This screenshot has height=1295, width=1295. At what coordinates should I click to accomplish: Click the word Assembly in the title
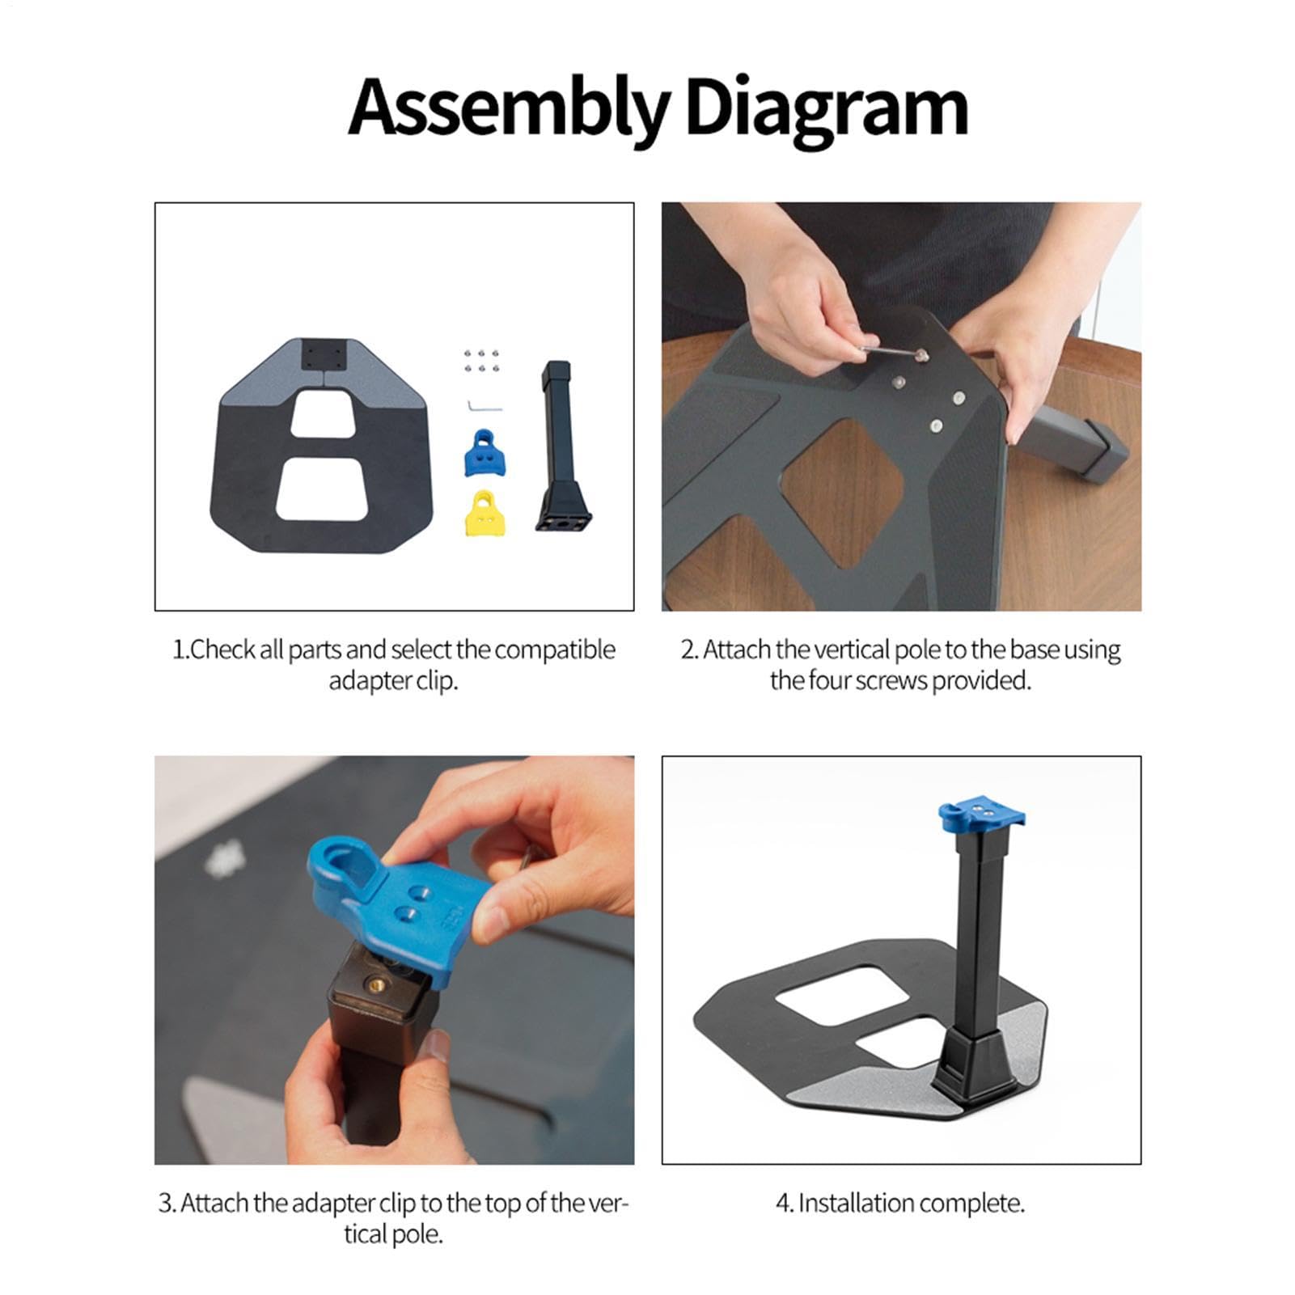point(510,109)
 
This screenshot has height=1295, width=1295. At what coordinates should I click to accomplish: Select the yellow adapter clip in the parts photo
point(484,512)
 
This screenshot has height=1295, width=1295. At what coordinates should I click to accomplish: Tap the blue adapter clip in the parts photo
point(484,453)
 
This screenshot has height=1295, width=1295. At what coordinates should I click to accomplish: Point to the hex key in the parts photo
point(484,405)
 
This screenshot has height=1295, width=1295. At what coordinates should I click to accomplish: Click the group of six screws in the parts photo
point(480,361)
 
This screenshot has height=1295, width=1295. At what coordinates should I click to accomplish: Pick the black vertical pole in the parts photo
point(557,446)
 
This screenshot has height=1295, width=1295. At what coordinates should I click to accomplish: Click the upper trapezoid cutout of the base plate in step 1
point(323,414)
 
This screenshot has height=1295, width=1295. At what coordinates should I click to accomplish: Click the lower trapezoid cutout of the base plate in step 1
point(323,489)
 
